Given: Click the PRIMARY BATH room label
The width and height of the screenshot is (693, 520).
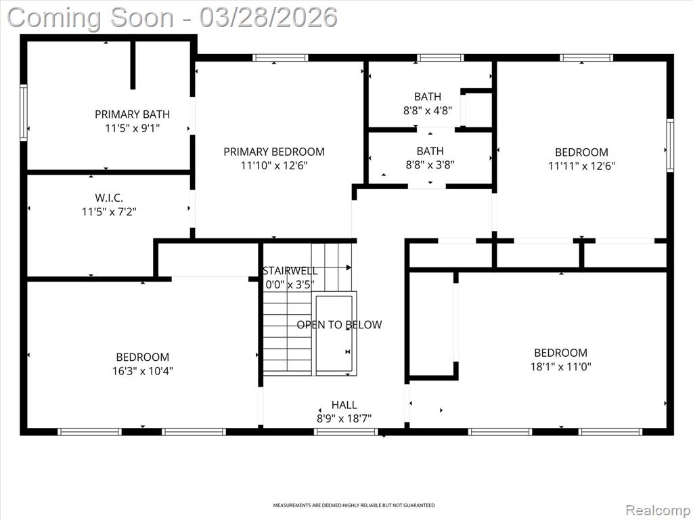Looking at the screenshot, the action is click(132, 114).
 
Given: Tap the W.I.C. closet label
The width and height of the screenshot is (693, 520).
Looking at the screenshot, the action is click(109, 198).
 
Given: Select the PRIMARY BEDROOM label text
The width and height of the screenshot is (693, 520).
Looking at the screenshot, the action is click(274, 152).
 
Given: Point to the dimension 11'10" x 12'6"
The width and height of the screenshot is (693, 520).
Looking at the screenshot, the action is click(274, 166).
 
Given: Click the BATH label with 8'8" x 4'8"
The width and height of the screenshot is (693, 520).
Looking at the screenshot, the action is click(428, 96).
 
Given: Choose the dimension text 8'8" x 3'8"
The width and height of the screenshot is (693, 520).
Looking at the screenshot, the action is click(430, 165).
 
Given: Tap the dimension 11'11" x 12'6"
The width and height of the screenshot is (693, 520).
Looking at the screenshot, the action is click(581, 166).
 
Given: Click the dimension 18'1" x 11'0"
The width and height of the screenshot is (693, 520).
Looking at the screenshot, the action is click(561, 366).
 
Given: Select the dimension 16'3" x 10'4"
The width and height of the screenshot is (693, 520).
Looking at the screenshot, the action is click(142, 371).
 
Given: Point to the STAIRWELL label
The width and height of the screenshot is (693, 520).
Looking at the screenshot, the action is click(290, 271).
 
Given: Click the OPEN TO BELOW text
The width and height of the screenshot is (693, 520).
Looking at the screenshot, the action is click(339, 325).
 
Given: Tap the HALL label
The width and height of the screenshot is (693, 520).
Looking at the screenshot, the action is click(344, 405).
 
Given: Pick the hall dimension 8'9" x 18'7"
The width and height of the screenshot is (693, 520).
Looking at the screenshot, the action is click(344, 418).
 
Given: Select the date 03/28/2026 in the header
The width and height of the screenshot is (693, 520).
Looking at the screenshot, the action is click(268, 18).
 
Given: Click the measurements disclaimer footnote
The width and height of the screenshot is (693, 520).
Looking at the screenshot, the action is click(353, 505).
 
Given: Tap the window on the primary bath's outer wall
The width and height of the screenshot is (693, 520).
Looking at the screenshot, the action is click(24, 113).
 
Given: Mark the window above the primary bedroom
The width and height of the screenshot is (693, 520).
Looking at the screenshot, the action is click(280, 58).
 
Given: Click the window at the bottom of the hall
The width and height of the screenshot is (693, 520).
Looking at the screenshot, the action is click(346, 431).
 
